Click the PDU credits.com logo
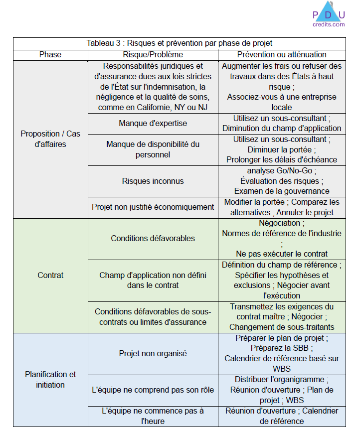[x=329, y=15]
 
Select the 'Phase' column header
[x=50, y=54]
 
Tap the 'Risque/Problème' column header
[x=153, y=54]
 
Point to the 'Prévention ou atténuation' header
[x=282, y=54]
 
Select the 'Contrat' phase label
[x=50, y=275]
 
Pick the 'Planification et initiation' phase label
[x=50, y=379]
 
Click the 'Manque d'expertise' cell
[x=153, y=123]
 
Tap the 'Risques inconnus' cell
[x=153, y=181]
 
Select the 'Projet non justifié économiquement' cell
[x=153, y=207]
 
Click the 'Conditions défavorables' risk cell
[x=153, y=238]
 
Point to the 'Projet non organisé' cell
[x=153, y=353]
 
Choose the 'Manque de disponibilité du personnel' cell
[x=153, y=149]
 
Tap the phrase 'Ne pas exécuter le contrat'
[x=282, y=254]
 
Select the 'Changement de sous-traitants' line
[x=282, y=327]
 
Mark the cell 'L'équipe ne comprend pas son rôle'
[x=153, y=390]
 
